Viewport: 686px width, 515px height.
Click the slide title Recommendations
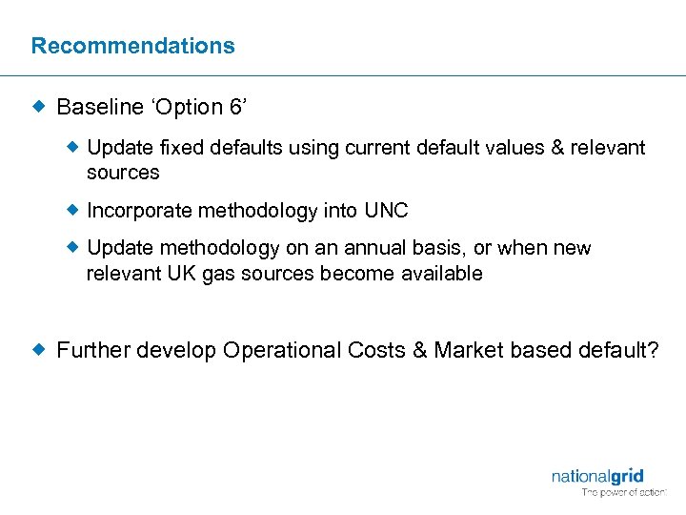(132, 46)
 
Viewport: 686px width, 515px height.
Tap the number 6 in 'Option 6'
(236, 107)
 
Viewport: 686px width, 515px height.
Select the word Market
(469, 350)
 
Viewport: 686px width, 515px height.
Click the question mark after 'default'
(652, 350)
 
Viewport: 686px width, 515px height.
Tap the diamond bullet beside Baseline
(39, 107)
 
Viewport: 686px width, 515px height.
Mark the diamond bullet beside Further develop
(39, 350)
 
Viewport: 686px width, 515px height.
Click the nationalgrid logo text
(597, 476)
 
